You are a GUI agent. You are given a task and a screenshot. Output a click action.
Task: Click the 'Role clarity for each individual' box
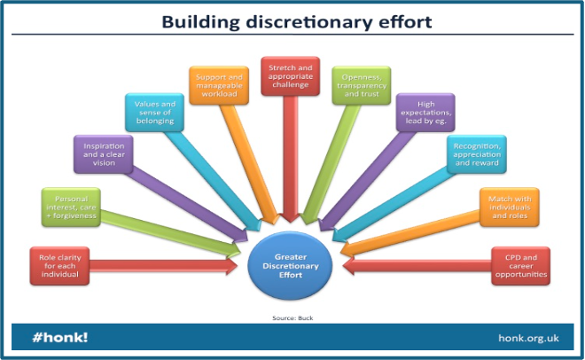59,264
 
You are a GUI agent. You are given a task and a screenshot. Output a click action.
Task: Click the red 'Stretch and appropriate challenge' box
290,74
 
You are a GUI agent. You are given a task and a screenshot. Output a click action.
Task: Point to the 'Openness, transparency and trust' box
361,83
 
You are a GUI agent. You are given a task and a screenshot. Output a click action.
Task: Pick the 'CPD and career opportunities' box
520,266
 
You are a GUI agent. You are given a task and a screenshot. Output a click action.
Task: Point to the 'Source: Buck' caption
292,315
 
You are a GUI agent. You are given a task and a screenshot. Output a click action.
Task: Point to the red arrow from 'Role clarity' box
164,265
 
